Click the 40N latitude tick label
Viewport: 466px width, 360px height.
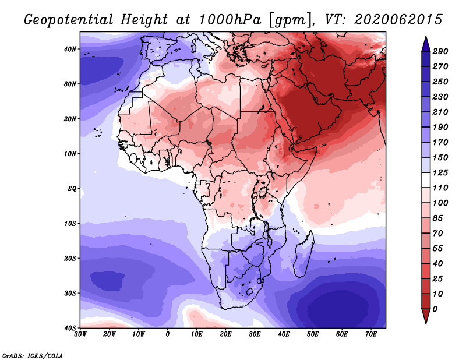pyautogui.click(x=69, y=49)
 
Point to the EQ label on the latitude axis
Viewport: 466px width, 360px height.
pyautogui.click(x=70, y=189)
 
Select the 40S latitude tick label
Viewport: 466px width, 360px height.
pyautogui.click(x=69, y=328)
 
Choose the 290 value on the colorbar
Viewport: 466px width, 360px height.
pyautogui.click(x=440, y=52)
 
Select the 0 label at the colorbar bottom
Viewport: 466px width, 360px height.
pyautogui.click(x=436, y=308)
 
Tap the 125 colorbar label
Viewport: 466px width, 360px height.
pyautogui.click(x=440, y=174)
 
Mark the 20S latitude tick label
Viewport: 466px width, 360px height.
pyautogui.click(x=69, y=258)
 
